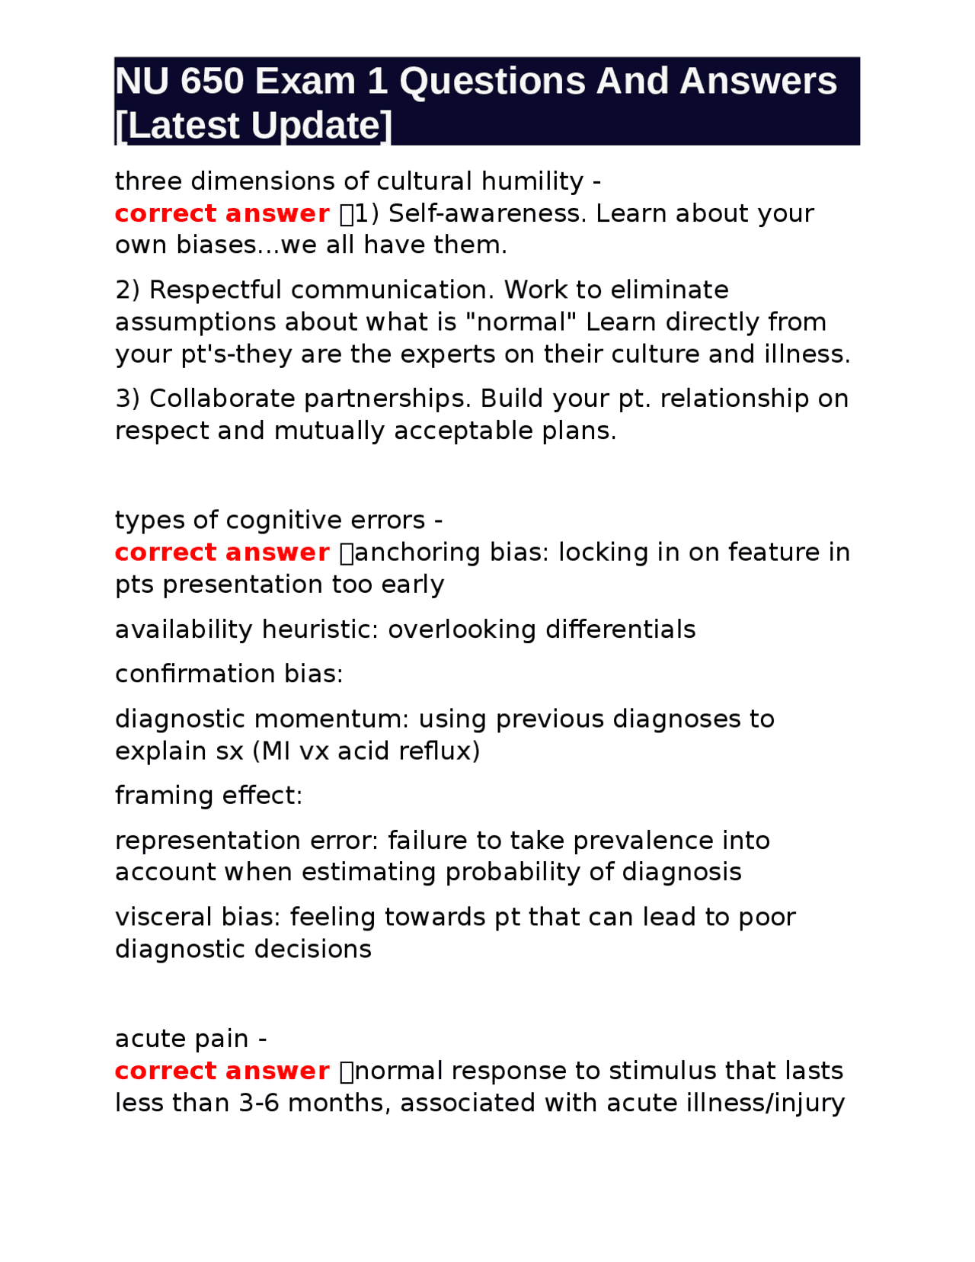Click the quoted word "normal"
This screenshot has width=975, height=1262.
tap(516, 322)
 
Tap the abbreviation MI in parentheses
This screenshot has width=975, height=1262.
tap(277, 751)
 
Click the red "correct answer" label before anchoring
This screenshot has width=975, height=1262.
tap(222, 553)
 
